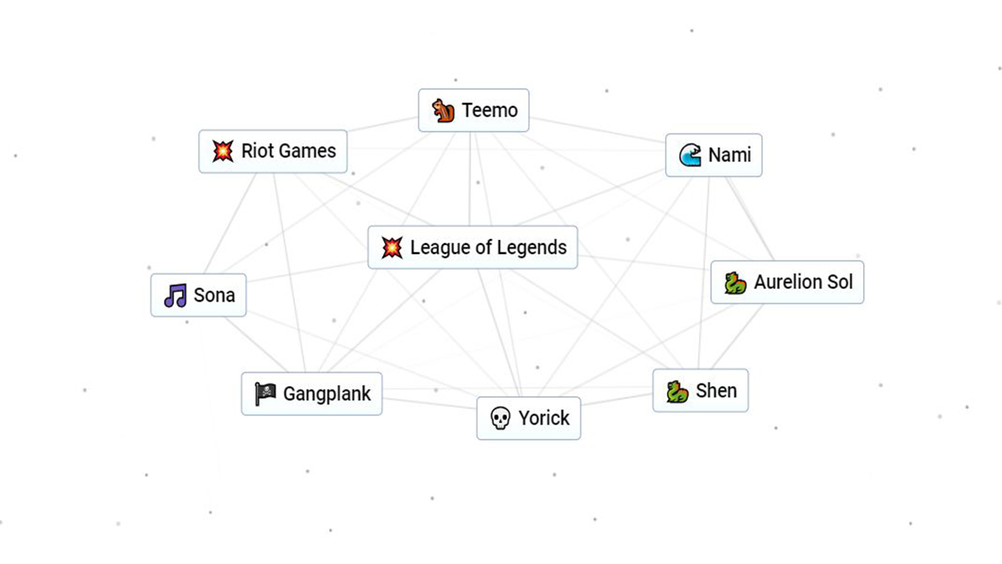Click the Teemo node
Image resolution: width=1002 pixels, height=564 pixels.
point(473,110)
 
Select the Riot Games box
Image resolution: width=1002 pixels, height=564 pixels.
point(272,151)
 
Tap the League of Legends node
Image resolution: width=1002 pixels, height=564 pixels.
point(473,247)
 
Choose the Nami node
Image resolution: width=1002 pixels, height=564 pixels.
point(713,155)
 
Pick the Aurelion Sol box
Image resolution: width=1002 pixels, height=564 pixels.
point(787,282)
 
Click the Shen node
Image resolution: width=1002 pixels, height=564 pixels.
point(700,390)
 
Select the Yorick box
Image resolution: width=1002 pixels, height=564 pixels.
point(528,418)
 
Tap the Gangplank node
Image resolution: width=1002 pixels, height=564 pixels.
point(311,394)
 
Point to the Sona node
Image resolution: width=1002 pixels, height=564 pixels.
point(199,295)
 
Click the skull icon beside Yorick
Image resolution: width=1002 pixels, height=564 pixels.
point(499,419)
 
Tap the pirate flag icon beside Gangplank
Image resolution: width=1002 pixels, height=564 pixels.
point(266,394)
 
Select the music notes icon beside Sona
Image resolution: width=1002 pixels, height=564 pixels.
point(175,295)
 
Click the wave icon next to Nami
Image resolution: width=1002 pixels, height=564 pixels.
point(690,155)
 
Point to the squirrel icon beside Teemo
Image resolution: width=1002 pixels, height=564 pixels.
point(443,110)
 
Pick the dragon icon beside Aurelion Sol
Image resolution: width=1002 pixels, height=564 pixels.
point(735,282)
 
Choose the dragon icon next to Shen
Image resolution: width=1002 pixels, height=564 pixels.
point(677,390)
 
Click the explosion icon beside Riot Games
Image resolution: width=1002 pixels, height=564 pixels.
point(222,151)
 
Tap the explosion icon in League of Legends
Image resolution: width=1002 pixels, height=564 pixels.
point(391,247)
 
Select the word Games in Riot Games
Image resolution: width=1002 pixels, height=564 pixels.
point(308,151)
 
